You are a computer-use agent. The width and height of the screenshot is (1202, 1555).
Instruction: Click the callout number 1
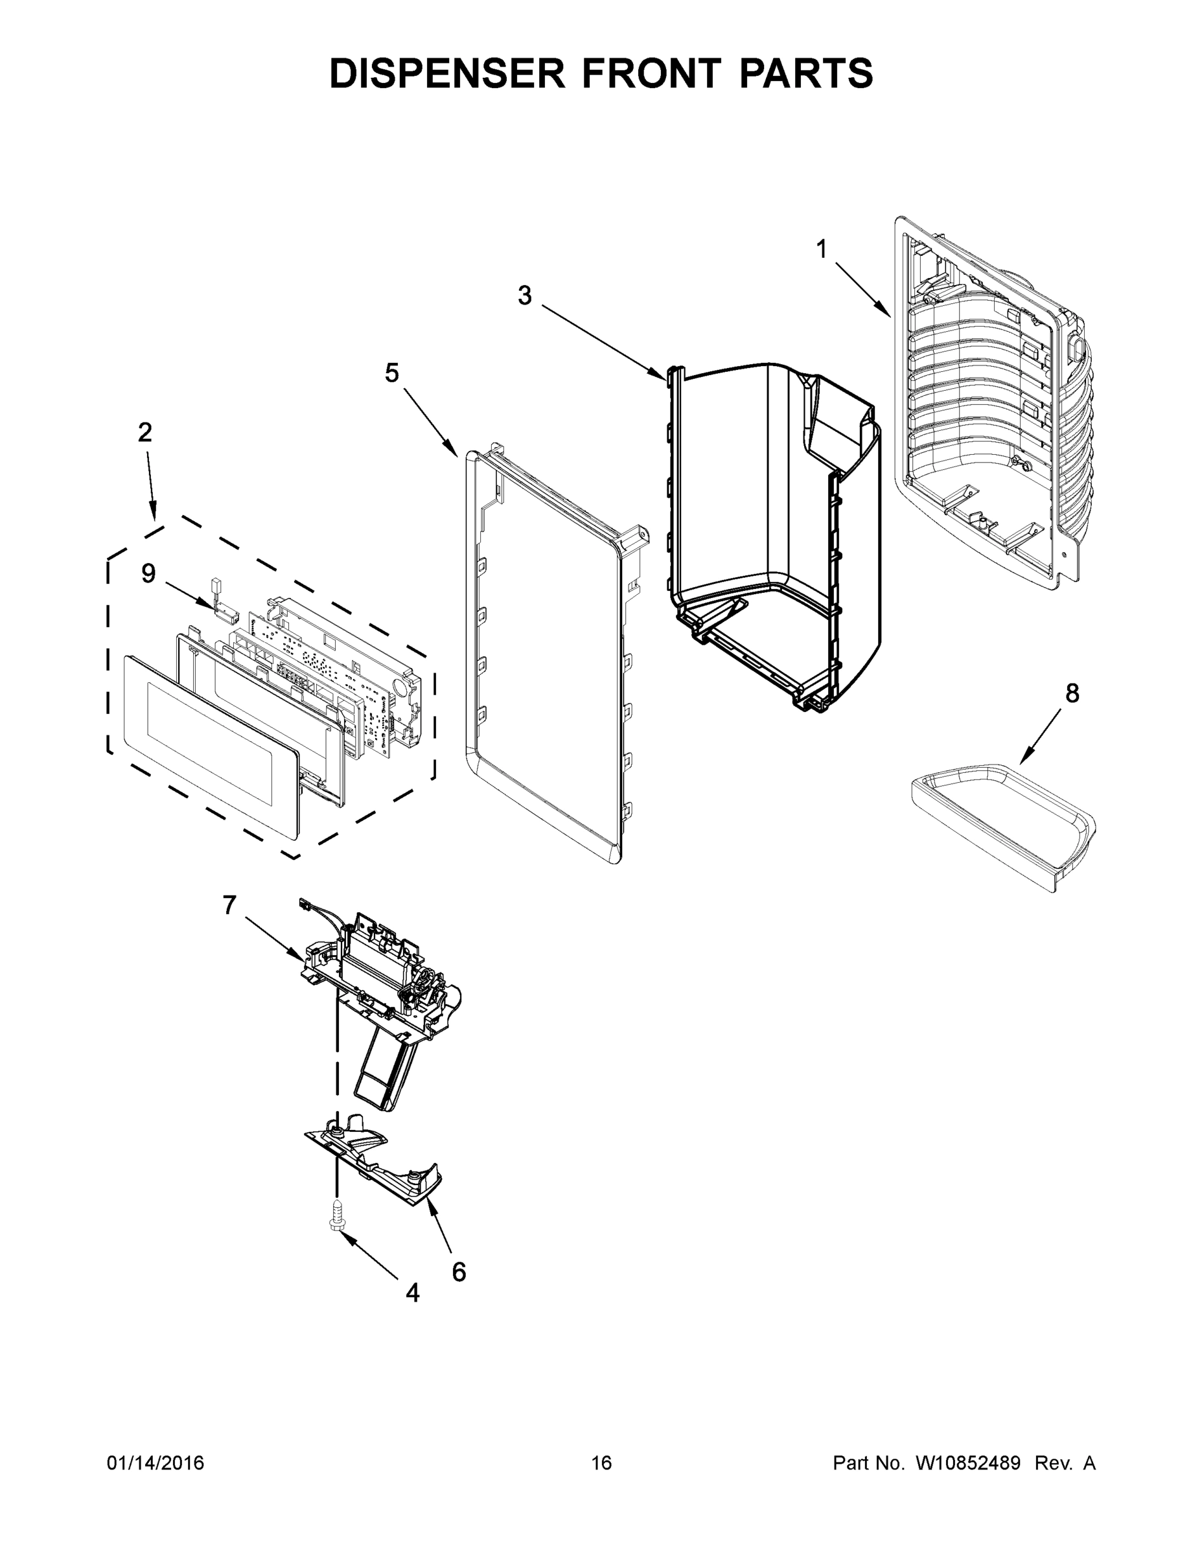coord(822,249)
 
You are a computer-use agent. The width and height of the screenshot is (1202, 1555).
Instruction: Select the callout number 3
coord(525,295)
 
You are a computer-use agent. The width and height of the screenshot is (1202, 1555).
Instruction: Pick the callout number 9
coord(148,573)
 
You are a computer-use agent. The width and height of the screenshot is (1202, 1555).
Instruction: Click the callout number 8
coord(1072,693)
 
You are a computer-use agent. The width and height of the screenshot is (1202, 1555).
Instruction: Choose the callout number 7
coord(229,905)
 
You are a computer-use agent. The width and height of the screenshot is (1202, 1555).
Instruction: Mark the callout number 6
coord(459,1272)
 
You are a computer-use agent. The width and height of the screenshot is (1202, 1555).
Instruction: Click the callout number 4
coord(412,1293)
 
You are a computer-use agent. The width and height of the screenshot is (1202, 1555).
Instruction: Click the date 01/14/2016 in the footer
coord(156,1463)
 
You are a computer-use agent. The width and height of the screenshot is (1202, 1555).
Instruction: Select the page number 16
coord(601,1463)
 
